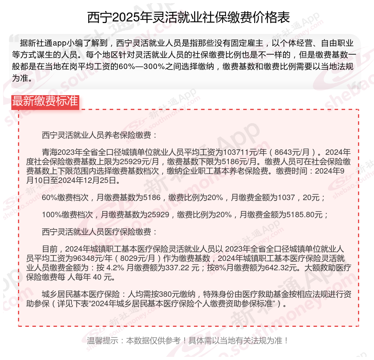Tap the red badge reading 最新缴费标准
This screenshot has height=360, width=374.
45,101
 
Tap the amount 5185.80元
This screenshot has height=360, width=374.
305,215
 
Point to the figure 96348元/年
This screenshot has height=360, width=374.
91,259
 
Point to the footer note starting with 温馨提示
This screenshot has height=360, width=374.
187,340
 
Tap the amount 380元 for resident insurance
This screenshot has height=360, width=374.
158,294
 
